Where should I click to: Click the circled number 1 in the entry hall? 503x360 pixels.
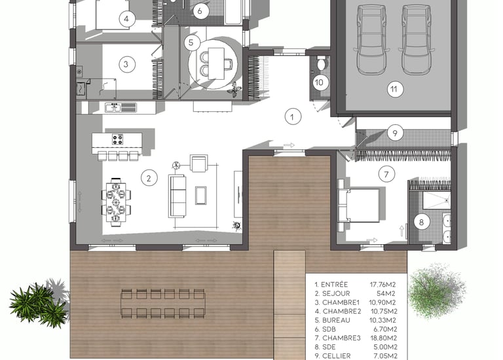click(292, 117)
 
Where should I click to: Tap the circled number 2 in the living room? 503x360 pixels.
click(149, 178)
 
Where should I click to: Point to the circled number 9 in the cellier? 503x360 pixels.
click(395, 133)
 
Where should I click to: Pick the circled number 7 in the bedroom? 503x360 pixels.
click(386, 174)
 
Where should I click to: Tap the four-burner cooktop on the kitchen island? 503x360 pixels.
click(117, 139)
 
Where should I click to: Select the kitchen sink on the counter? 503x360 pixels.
click(113, 107)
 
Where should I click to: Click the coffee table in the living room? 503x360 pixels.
click(201, 195)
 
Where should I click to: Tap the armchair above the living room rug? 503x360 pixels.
click(199, 163)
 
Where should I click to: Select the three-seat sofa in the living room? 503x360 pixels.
click(177, 196)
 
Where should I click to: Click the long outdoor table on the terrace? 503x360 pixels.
click(163, 303)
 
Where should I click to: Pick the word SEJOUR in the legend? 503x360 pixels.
click(336, 293)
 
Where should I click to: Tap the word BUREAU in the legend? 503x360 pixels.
click(336, 320)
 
